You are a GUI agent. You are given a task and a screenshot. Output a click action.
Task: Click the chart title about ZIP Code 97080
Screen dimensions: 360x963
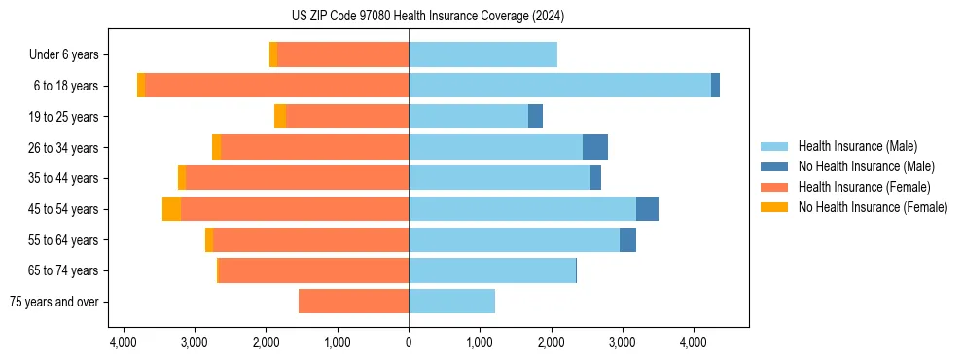(427, 17)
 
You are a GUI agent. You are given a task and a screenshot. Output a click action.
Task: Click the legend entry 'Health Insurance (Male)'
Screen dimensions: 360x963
(857, 146)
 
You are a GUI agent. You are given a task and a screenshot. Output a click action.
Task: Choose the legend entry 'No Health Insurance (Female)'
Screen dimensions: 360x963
(873, 207)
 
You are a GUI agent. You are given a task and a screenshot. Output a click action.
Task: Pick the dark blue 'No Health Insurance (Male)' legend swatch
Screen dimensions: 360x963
(776, 166)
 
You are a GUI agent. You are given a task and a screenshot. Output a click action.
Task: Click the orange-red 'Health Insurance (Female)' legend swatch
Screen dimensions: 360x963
(776, 187)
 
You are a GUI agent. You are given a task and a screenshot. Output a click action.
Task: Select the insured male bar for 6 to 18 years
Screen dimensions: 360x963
(559, 86)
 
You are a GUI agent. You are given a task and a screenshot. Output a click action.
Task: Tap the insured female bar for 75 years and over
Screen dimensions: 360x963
(353, 302)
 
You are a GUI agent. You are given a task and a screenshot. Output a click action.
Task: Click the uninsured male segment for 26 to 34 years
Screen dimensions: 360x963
(595, 147)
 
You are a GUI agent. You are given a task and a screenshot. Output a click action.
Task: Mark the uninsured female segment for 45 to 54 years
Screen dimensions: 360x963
(171, 209)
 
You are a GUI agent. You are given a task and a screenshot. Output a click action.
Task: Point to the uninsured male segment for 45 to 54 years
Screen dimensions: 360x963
(647, 209)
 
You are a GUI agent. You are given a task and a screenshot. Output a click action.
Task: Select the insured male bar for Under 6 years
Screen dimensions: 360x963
(482, 55)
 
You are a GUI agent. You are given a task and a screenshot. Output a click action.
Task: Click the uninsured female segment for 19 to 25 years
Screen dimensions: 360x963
(280, 117)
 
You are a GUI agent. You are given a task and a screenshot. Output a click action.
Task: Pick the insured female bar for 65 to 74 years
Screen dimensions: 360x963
(313, 270)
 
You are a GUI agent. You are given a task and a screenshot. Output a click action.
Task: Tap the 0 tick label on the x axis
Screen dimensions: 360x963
(409, 342)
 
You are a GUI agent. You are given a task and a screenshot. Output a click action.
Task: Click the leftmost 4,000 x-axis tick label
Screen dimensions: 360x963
(124, 342)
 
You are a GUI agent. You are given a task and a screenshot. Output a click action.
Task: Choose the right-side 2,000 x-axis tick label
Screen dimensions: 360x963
(551, 342)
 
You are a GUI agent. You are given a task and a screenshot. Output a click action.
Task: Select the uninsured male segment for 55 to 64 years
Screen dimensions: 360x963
(627, 239)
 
